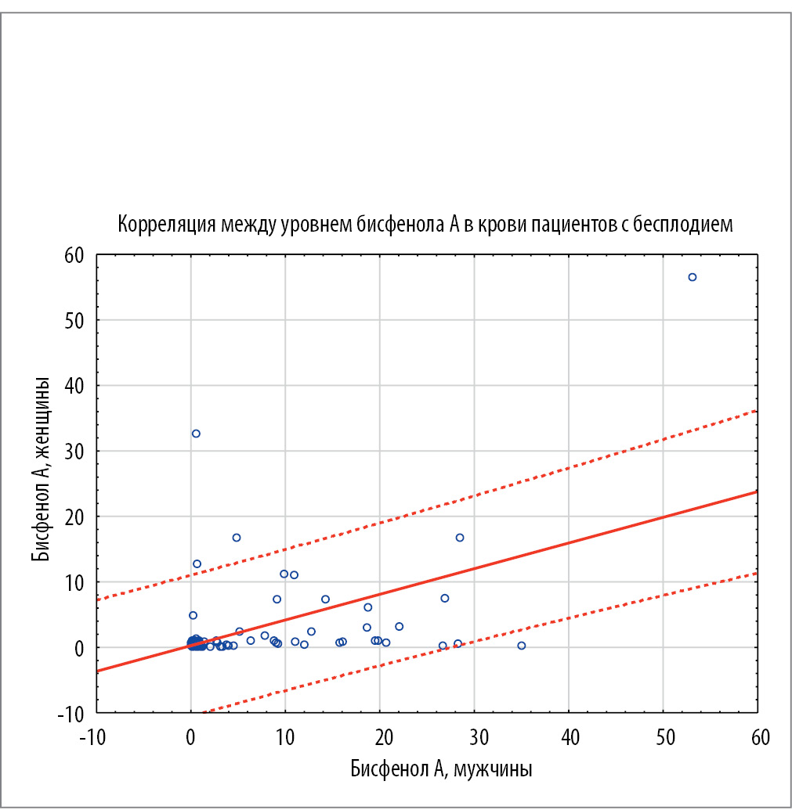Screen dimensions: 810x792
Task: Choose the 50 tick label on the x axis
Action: pyautogui.click(x=663, y=738)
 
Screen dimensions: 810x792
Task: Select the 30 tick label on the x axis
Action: pyautogui.click(x=474, y=738)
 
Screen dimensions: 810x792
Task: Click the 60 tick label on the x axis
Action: pyautogui.click(x=758, y=738)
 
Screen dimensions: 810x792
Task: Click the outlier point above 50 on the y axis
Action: pyautogui.click(x=692, y=277)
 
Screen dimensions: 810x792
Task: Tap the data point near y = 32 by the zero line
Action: pyautogui.click(x=196, y=434)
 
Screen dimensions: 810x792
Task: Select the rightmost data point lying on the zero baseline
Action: pyautogui.click(x=521, y=646)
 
